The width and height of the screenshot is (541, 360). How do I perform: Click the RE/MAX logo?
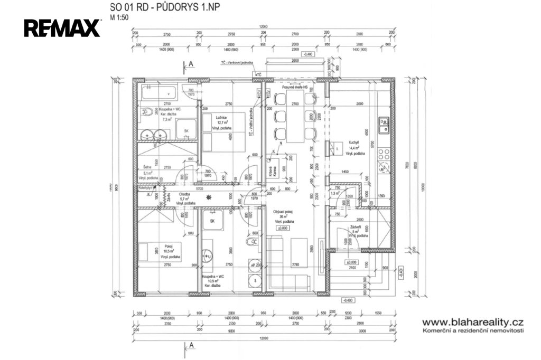point(62,28)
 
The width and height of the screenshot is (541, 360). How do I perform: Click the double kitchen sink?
point(384,125)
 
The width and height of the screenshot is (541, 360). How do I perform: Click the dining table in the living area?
point(296,116)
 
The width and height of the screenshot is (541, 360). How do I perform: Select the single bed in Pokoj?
point(158,251)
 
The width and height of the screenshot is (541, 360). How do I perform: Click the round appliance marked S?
point(256,280)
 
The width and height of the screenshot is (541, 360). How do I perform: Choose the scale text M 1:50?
point(119,17)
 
